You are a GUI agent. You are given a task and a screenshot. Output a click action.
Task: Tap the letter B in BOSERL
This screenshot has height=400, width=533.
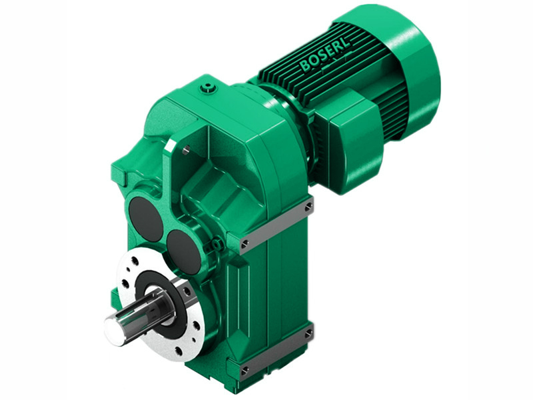tap(304, 67)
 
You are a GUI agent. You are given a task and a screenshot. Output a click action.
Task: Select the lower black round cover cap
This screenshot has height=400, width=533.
tap(183, 252)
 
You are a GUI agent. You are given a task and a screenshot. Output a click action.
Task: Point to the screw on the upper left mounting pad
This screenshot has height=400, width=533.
tap(245, 243)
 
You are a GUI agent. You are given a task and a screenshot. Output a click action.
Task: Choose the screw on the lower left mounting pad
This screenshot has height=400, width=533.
tap(245, 369)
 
